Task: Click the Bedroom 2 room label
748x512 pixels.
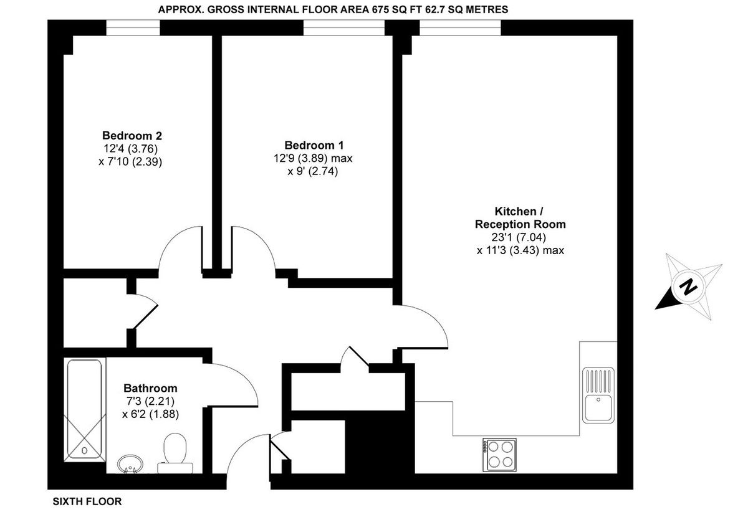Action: (x=132, y=136)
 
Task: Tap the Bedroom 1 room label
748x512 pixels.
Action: (x=313, y=145)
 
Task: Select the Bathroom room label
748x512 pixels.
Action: (x=150, y=387)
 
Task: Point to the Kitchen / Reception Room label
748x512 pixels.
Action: (x=520, y=217)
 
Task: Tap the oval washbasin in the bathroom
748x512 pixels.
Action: (x=131, y=463)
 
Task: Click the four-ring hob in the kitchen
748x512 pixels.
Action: (x=500, y=454)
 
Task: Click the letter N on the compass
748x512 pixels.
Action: (x=688, y=287)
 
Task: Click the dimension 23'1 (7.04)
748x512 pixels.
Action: (x=520, y=237)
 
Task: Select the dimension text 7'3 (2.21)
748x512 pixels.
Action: (x=150, y=400)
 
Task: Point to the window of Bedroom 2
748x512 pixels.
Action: (x=132, y=28)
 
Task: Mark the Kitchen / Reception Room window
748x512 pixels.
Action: (x=460, y=28)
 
